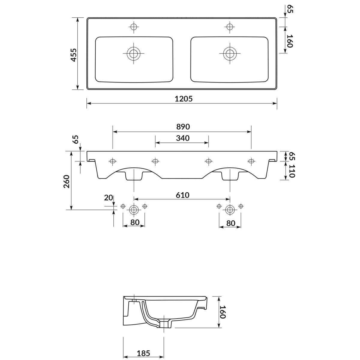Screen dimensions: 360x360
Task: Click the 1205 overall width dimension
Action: click(x=184, y=99)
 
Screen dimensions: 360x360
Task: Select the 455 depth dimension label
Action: click(x=74, y=55)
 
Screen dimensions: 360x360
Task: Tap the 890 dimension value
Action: click(x=183, y=127)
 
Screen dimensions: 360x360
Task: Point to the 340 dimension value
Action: click(x=183, y=138)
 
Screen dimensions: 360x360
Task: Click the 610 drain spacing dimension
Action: click(x=182, y=195)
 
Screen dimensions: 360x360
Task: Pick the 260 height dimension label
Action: click(x=67, y=181)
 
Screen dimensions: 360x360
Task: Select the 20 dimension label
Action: click(x=109, y=198)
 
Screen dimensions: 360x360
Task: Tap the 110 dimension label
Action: click(x=292, y=171)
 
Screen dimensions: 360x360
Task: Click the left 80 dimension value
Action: click(x=135, y=223)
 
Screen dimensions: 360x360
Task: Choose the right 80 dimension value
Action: click(x=230, y=223)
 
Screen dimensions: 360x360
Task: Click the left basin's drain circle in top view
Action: click(x=133, y=53)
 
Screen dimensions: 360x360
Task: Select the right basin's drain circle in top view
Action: click(x=230, y=53)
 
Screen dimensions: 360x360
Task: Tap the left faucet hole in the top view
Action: click(x=134, y=27)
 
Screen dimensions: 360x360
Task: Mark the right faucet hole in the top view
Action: click(x=229, y=27)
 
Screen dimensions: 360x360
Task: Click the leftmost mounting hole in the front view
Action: click(x=113, y=161)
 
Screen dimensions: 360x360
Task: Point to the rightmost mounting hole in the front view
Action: click(x=251, y=161)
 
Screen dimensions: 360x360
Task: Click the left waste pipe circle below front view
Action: click(x=134, y=210)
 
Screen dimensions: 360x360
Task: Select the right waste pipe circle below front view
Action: click(x=230, y=210)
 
